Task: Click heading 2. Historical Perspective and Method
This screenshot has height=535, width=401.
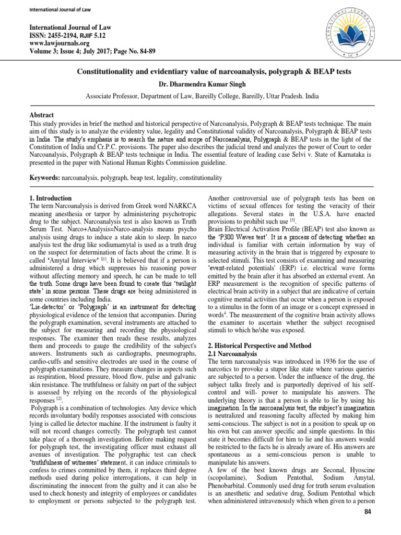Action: coord(260,346)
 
